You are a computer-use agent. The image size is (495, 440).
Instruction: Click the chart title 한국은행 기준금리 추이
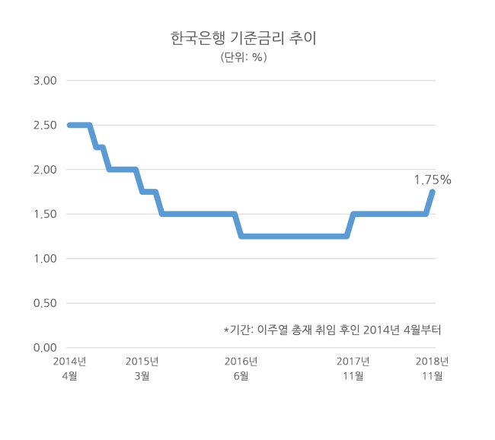[x=244, y=38]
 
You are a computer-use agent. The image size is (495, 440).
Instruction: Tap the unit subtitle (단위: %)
[x=244, y=57]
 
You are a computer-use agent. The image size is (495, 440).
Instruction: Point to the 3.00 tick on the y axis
[x=45, y=81]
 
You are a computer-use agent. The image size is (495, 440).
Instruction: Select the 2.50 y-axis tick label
[x=45, y=126]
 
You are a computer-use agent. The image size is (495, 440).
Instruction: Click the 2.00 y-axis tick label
[x=45, y=170]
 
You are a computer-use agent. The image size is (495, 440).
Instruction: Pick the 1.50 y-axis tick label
[x=45, y=215]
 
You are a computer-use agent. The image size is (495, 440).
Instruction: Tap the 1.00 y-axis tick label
[x=45, y=259]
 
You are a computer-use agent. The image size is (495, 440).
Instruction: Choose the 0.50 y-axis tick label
[x=45, y=303]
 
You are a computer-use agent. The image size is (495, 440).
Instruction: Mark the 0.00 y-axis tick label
[x=45, y=348]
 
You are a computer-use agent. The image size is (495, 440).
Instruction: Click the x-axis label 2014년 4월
[x=70, y=368]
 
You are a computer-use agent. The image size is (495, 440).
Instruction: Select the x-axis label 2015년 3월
[x=142, y=368]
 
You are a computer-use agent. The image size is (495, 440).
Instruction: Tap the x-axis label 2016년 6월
[x=241, y=368]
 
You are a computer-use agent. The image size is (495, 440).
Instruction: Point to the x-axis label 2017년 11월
[x=353, y=368]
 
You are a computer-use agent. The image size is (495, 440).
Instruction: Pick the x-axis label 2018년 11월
[x=433, y=368]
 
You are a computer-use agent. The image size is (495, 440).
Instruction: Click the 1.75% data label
[x=433, y=180]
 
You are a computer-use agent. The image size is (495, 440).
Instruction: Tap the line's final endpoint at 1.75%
[x=433, y=192]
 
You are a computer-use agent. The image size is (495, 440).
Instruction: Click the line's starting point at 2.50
[x=69, y=126]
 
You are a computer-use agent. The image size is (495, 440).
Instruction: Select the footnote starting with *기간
[x=333, y=330]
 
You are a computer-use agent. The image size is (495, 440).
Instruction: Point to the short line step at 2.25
[x=99, y=147]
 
